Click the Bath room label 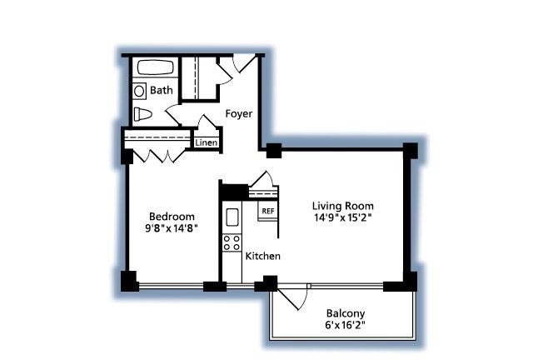pos(161,90)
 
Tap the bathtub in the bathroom pos(156,67)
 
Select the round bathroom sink pos(139,91)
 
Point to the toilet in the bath pos(142,114)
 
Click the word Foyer pos(239,113)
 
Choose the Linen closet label pos(207,142)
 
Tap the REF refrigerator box pos(268,211)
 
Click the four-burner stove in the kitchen pos(232,243)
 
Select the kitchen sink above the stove pos(232,217)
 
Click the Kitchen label pos(263,256)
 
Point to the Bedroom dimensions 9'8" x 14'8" pos(172,228)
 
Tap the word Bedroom pos(172,217)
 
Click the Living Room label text pos(342,206)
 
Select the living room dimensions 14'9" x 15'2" pos(342,217)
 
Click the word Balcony pos(346,313)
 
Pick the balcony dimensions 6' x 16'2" pos(345,325)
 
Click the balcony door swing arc pos(305,299)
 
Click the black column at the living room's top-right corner pos(411,150)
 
